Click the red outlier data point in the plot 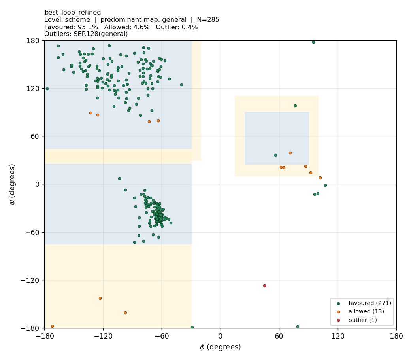click(264, 286)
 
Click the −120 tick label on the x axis click(103, 336)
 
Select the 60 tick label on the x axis click(279, 336)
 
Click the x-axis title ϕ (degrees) click(220, 347)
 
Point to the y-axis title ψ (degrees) click(12, 184)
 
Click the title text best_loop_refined click(73, 13)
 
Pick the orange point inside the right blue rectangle click(290, 153)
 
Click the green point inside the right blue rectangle click(275, 155)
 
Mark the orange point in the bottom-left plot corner click(52, 326)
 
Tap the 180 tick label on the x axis click(396, 336)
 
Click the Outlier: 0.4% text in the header click(177, 27)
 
